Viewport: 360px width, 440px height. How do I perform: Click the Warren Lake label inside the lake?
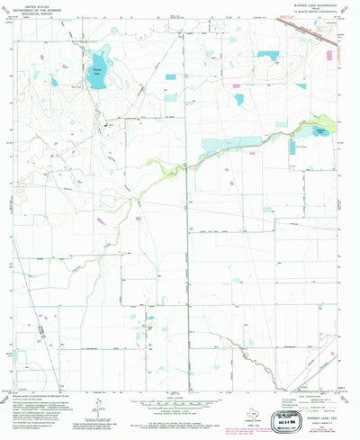(97, 68)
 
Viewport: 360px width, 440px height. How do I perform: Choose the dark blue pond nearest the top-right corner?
(267, 56)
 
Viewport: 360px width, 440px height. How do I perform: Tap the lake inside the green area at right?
(321, 130)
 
